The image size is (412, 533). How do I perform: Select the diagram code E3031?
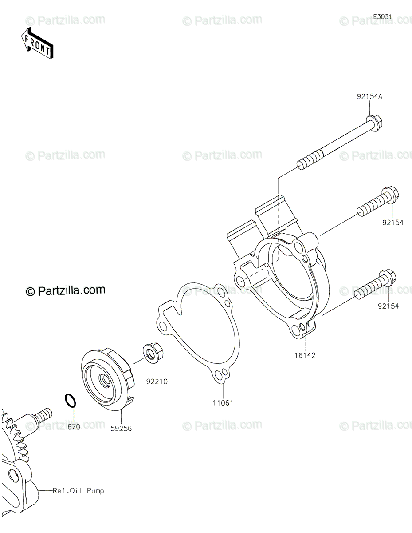(x=382, y=17)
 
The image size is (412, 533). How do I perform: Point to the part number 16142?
(x=305, y=355)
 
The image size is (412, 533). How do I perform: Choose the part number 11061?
(x=223, y=403)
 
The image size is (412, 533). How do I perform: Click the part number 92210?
(x=157, y=382)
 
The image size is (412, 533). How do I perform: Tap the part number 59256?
(x=121, y=429)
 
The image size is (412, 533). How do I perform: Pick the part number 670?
(x=74, y=427)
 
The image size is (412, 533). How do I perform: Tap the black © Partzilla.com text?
(x=66, y=290)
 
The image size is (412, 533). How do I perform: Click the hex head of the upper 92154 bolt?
(x=390, y=195)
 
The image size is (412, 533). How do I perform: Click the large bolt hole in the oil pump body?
(x=13, y=476)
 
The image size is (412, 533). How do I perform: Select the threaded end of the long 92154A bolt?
(x=310, y=159)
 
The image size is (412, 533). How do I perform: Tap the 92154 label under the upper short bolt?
(x=393, y=223)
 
